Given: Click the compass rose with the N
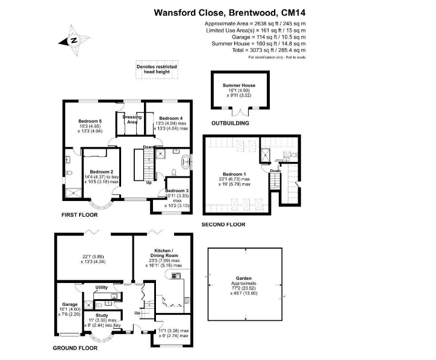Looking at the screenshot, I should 72,41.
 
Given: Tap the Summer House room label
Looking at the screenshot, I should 239,86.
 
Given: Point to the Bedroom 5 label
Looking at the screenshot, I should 91,121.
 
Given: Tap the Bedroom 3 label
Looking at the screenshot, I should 177,191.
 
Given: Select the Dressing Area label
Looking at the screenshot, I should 132,119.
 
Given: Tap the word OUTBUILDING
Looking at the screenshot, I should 230,123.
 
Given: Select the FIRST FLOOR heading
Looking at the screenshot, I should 79,214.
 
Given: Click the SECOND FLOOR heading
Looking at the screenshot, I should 224,225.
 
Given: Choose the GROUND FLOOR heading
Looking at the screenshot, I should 75,347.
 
